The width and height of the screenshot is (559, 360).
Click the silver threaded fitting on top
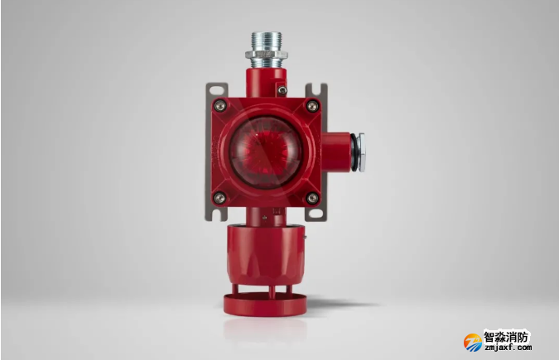[x=267, y=50]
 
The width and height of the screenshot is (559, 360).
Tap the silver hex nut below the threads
[x=267, y=55]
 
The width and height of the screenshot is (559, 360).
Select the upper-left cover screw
[x=219, y=105]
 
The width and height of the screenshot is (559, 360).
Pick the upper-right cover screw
[x=313, y=105]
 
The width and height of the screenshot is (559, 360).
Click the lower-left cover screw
[x=219, y=198]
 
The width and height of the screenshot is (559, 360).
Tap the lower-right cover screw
[x=313, y=198]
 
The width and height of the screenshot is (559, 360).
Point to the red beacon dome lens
[x=266, y=152]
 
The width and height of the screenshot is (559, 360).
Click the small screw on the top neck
[x=282, y=90]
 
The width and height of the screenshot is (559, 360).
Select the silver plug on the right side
[x=361, y=152]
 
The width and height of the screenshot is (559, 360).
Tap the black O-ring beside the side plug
[x=354, y=152]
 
